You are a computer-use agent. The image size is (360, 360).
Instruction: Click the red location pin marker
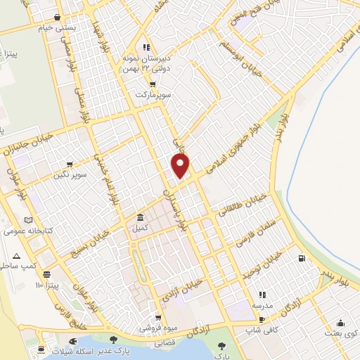181,166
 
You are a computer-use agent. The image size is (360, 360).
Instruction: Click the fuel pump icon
302,259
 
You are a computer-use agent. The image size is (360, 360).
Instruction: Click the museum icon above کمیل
141,217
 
